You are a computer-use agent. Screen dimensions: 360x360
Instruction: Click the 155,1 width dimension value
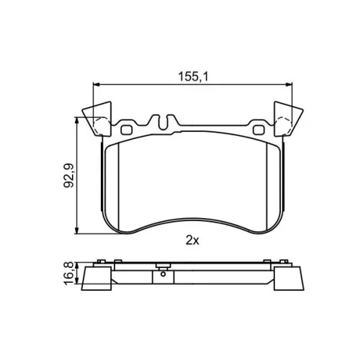tap(193, 77)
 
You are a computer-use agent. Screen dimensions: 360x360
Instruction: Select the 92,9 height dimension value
tap(69, 176)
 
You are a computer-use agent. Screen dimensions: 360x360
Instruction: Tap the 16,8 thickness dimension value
tap(68, 274)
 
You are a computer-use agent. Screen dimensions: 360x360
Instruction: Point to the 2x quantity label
tap(192, 240)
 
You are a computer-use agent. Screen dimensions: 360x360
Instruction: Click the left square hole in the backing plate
tap(127, 130)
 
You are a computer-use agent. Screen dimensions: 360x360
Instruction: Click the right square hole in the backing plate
tap(258, 130)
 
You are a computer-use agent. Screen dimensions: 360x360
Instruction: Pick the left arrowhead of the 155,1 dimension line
tap(96, 84)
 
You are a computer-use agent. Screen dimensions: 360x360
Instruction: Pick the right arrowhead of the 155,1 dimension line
tap(289, 84)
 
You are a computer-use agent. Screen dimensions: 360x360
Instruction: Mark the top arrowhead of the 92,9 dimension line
tap(77, 120)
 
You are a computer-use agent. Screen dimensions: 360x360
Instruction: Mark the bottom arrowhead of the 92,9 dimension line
tap(77, 230)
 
